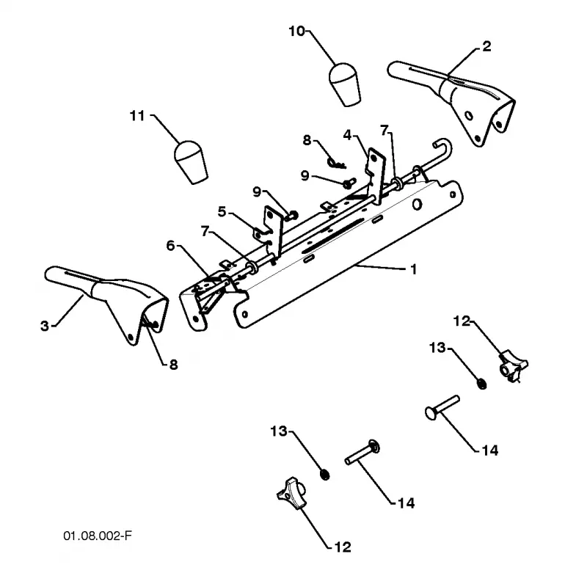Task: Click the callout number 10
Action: (297, 32)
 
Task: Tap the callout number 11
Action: (137, 116)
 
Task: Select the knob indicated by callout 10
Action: (345, 85)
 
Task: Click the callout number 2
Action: (486, 46)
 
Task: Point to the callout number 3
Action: (45, 326)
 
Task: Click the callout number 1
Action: (413, 269)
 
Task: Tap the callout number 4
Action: (348, 135)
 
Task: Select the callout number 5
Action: (222, 211)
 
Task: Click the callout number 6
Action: (171, 246)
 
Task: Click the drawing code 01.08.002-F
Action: (98, 536)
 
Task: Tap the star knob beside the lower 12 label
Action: (291, 494)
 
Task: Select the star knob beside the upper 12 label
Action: (513, 365)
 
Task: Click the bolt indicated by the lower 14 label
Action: (362, 452)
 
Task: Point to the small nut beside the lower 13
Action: (325, 475)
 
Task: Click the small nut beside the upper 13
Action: (482, 384)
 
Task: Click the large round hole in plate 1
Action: (417, 205)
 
